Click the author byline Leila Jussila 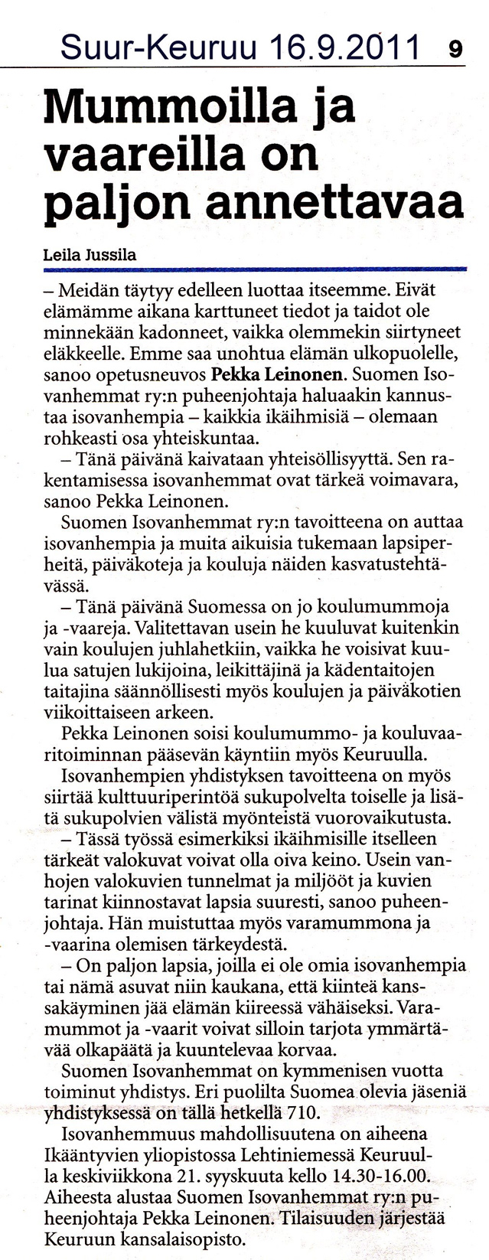90,256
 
